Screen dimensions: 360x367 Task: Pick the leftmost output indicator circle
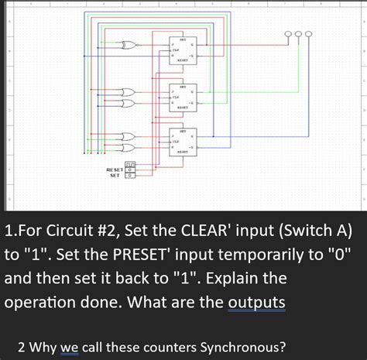288,34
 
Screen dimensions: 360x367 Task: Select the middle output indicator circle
299,34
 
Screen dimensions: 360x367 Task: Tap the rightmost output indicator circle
310,34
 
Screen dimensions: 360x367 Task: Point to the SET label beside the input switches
113,175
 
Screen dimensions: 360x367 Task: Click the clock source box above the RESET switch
129,163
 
